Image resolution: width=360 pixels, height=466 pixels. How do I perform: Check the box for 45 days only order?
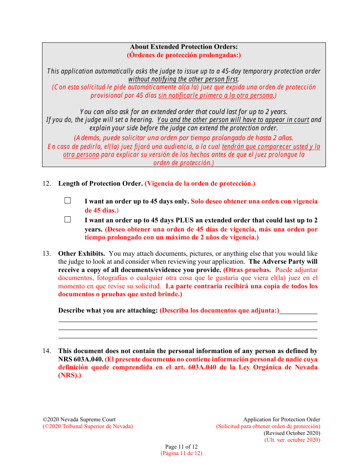[x=67, y=201]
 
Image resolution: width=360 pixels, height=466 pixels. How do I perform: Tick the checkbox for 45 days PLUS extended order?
[x=67, y=219]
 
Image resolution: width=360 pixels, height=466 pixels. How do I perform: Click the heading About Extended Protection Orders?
[x=184, y=47]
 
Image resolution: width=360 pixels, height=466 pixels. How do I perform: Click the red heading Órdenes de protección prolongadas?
[x=184, y=55]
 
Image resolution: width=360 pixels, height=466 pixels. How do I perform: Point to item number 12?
[x=46, y=183]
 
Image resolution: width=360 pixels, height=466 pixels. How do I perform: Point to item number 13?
[x=46, y=253]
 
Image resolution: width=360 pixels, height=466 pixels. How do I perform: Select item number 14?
[x=46, y=351]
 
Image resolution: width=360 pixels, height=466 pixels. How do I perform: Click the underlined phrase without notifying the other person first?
[x=183, y=79]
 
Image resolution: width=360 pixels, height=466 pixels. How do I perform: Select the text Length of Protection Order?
[x=100, y=183]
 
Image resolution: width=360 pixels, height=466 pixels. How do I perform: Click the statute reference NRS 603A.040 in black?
[x=80, y=359]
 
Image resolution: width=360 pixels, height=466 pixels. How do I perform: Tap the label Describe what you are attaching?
[x=108, y=310]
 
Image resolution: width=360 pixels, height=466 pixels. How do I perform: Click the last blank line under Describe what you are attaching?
[x=188, y=338]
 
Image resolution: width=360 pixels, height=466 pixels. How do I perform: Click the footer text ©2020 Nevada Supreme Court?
[x=79, y=419]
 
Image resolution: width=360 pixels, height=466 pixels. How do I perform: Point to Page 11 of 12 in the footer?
[x=181, y=447]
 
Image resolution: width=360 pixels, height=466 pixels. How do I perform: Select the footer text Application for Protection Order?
[x=282, y=419]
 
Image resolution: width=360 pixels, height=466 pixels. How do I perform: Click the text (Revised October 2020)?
[x=292, y=433]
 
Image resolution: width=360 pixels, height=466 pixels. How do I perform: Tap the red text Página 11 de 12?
[x=181, y=453]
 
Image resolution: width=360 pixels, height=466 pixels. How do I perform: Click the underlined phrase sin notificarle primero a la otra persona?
[x=216, y=95]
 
